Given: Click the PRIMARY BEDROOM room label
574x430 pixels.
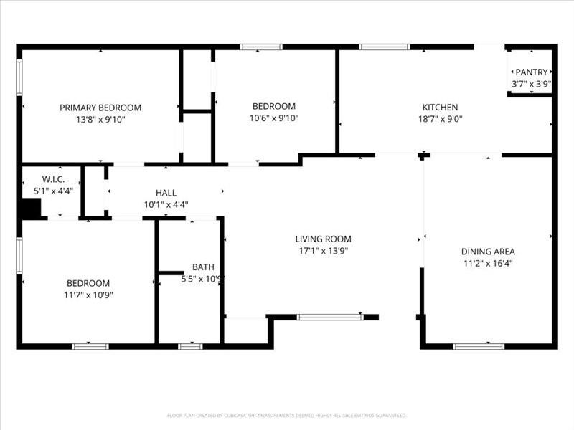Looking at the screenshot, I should (x=100, y=107).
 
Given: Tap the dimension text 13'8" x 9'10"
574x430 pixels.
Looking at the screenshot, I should (x=100, y=119).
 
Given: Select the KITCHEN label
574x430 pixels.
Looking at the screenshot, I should (x=439, y=107).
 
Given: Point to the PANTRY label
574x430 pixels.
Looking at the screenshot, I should (x=531, y=72).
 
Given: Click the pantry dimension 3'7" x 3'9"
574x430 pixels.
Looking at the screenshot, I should (x=531, y=83).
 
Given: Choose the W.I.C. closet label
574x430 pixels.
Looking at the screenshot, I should (x=53, y=179).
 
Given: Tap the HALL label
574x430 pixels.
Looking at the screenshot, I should (x=166, y=193).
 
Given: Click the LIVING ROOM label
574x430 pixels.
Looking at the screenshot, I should (x=324, y=239).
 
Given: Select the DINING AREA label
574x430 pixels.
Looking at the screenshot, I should (x=488, y=252).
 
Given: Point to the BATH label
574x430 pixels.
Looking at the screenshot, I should (x=203, y=267).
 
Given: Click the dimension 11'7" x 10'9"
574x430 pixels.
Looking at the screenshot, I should (x=89, y=295).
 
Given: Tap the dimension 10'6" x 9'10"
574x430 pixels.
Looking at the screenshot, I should (x=273, y=119).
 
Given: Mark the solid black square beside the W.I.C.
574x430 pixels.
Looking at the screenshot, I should (x=29, y=209).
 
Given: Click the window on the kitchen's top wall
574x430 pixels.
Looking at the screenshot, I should (x=384, y=47).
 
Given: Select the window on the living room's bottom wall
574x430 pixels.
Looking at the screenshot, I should (x=330, y=317).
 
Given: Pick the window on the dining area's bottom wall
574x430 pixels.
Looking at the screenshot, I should (x=479, y=347).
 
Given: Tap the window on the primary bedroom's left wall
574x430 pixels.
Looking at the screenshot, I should (x=19, y=77).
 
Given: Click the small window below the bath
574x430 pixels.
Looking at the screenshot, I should (x=190, y=347).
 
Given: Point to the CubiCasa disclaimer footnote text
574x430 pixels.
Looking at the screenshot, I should (x=287, y=415).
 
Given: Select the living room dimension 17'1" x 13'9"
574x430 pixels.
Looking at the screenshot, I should (x=324, y=251).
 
